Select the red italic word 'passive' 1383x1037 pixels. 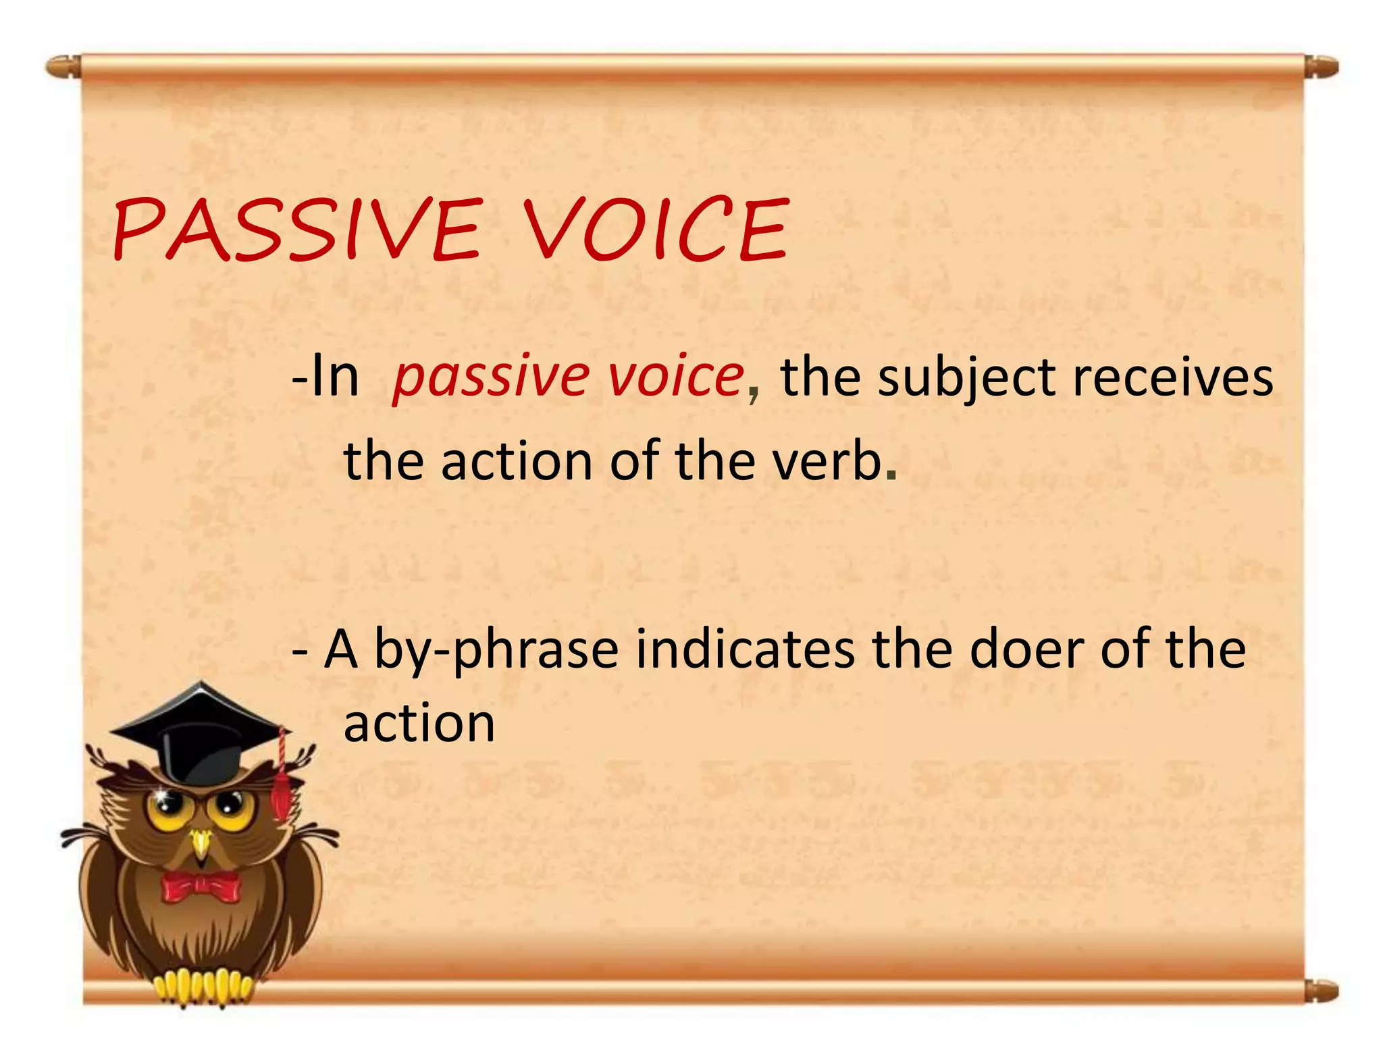491,378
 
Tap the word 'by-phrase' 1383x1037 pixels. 496,651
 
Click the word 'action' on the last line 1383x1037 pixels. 419,724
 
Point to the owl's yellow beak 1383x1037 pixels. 201,844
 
